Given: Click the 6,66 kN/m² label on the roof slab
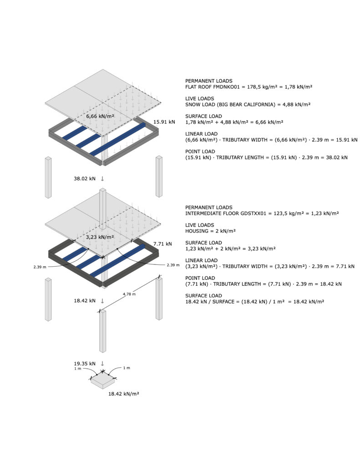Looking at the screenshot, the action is [100, 116].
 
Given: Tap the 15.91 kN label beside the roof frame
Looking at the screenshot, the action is [164, 122].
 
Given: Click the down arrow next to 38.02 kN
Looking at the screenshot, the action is [102, 178].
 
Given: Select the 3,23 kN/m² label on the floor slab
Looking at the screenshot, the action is [100, 237].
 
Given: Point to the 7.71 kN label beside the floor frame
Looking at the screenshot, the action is [162, 244].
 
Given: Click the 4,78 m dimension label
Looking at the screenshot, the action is [129, 294].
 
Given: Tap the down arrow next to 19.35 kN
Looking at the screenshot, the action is [102, 364].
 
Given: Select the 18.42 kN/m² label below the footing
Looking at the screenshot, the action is [124, 394].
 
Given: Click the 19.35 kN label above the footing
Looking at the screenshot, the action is [85, 364].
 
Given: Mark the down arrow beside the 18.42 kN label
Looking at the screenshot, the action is [102, 301].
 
